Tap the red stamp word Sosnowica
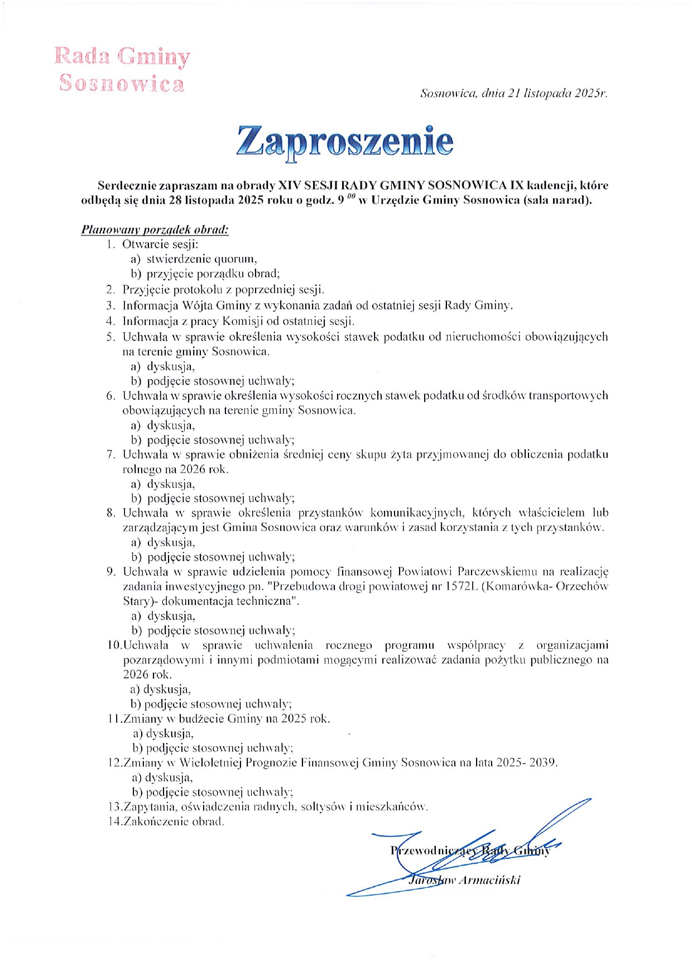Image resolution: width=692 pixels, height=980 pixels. tap(122, 84)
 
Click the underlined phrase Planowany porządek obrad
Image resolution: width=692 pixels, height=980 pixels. tap(155, 230)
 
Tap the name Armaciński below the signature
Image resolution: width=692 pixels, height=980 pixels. tap(488, 880)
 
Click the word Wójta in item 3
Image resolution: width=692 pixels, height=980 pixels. tap(196, 305)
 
